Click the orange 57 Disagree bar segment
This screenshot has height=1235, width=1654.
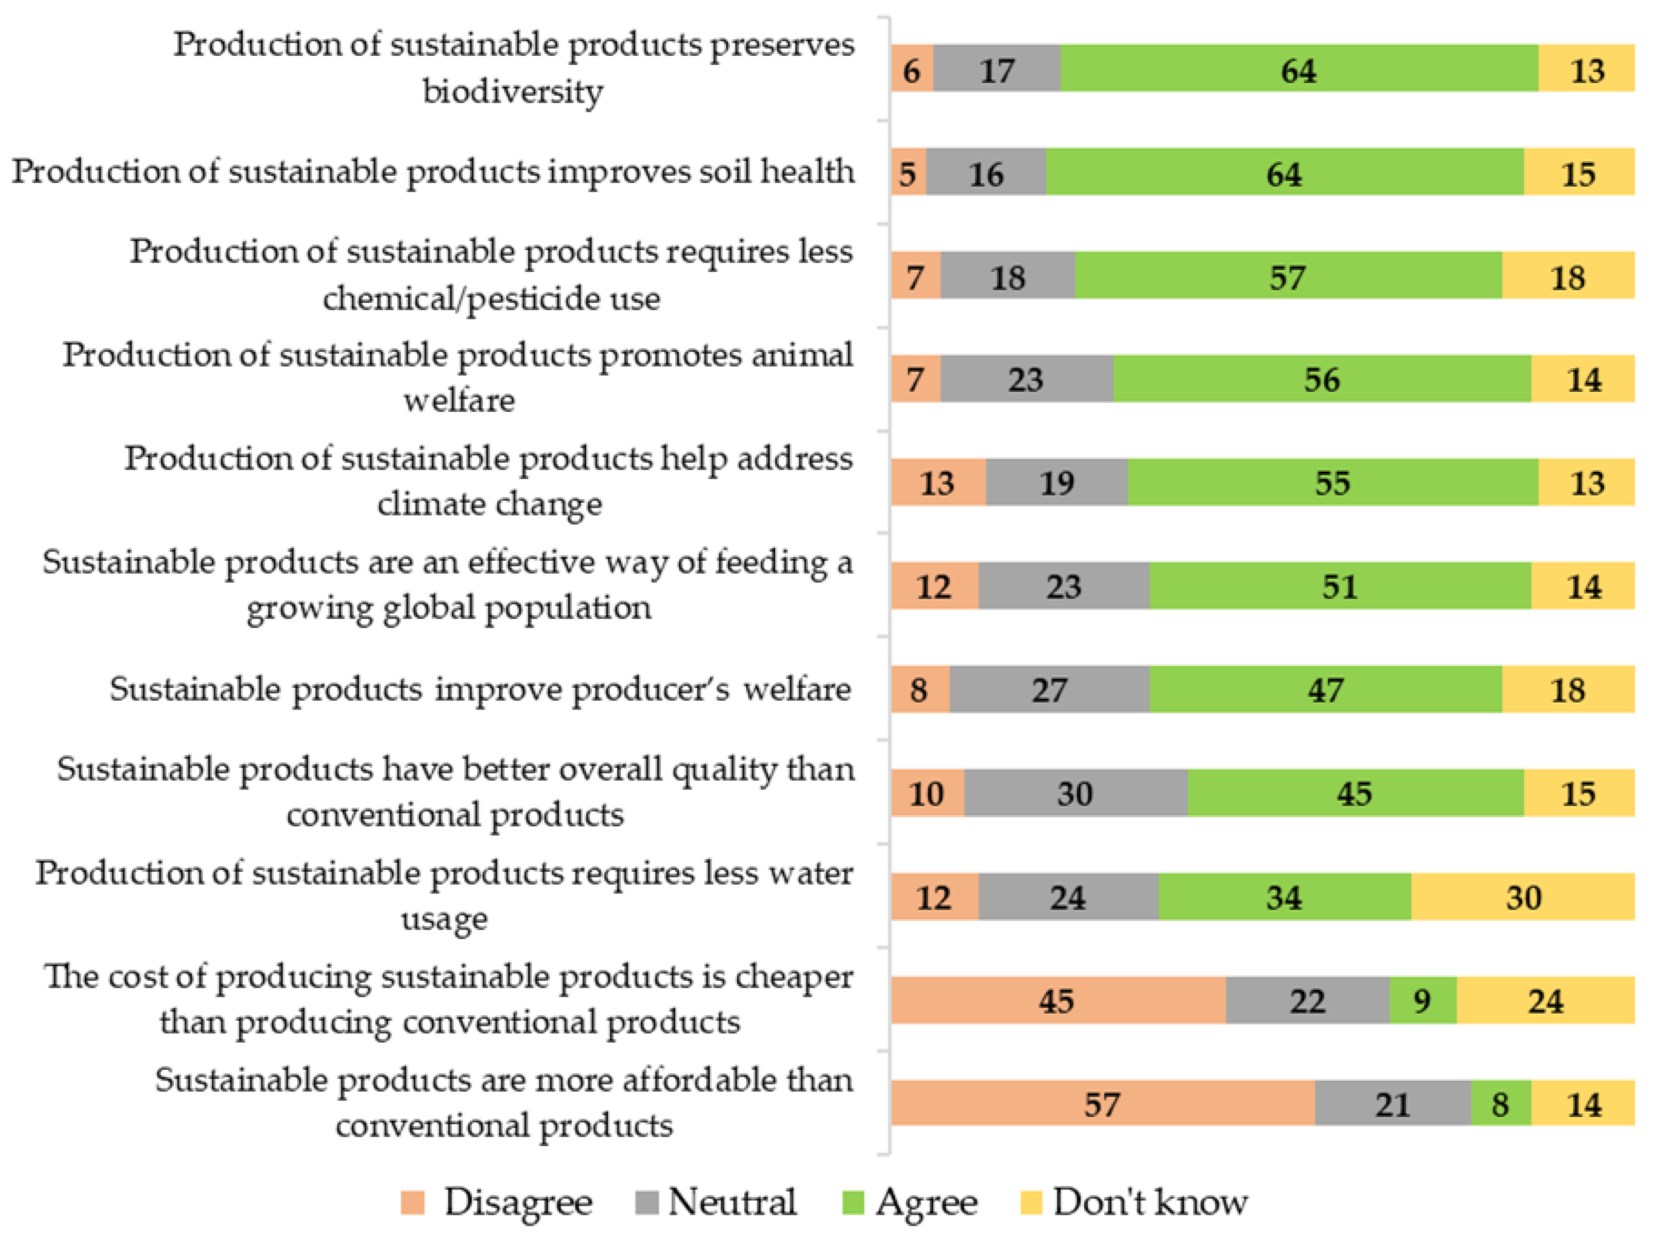pos(1102,1103)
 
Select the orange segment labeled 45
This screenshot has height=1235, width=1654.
pos(1057,1000)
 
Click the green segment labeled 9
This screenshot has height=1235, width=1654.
pos(1422,1000)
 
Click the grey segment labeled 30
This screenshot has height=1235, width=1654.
pos(1075,793)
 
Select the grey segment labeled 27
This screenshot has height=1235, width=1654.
pos(1049,689)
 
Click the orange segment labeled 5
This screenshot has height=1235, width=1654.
pos(908,173)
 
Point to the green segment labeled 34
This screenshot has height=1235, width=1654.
pos(1284,896)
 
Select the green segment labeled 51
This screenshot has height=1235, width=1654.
pos(1339,586)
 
